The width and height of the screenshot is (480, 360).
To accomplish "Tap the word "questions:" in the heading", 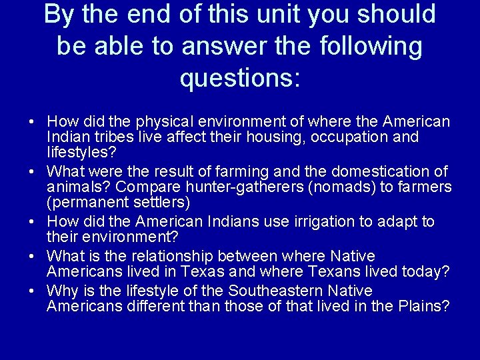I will point(241,79).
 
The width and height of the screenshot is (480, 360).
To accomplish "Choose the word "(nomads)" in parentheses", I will point(343,187).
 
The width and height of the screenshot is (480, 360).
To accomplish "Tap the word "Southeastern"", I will point(277,291).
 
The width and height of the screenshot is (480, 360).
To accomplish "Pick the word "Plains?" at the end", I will point(425,306).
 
